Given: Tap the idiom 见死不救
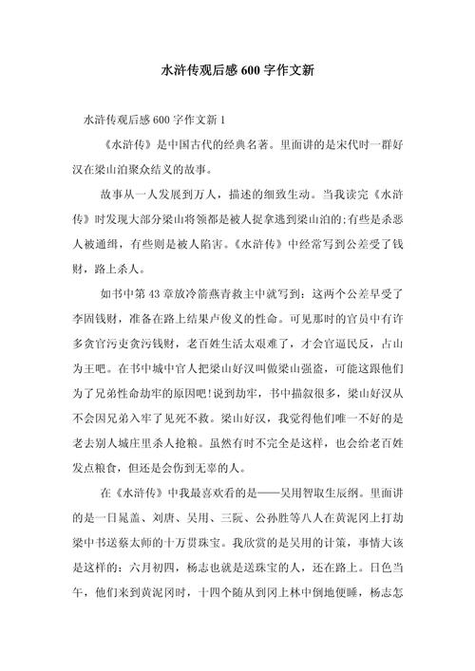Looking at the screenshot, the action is [188, 417].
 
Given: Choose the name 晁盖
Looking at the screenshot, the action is [134, 519].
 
